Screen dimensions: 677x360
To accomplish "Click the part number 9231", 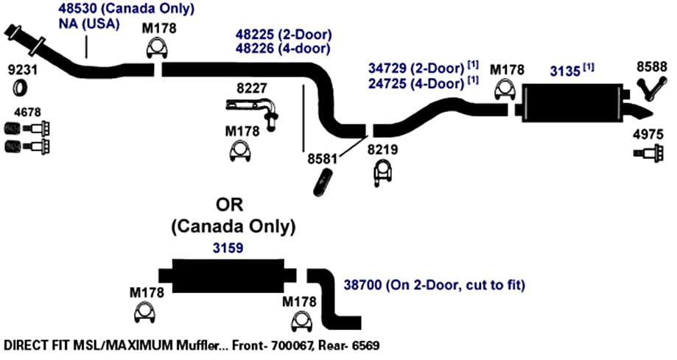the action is [x=23, y=69].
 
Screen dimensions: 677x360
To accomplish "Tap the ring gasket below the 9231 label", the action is [x=20, y=88].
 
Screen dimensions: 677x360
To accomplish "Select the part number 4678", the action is [x=27, y=112].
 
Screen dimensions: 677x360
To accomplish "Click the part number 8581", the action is [x=322, y=159].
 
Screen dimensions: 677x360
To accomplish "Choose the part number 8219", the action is [x=382, y=149].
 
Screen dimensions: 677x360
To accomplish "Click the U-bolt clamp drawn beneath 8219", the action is [x=383, y=174].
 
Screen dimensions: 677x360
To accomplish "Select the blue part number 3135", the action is [x=565, y=71].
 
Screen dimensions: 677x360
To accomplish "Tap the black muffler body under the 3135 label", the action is [x=572, y=103].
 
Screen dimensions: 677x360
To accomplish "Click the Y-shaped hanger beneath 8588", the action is [x=651, y=89].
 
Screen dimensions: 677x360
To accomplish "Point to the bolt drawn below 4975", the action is [x=648, y=153].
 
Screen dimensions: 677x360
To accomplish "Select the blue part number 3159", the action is [x=228, y=248].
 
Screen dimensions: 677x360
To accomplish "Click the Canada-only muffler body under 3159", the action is [x=228, y=276].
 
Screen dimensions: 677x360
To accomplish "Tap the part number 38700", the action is [x=362, y=285].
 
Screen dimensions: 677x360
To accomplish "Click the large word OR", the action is [x=230, y=205].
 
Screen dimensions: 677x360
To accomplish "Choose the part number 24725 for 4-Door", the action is [x=387, y=83].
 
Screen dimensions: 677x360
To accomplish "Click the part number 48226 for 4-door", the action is [x=255, y=49].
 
